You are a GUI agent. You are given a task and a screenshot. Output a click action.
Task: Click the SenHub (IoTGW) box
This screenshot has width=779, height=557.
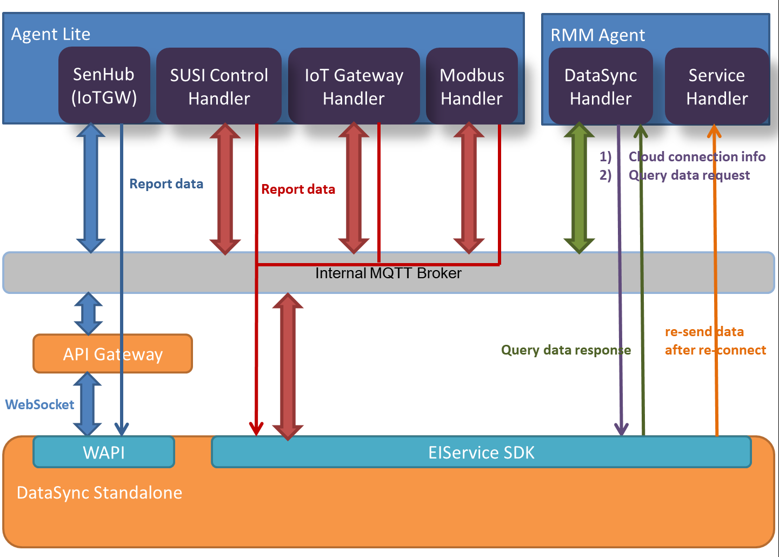click(x=104, y=86)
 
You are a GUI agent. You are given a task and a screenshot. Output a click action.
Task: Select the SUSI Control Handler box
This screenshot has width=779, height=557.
click(x=219, y=87)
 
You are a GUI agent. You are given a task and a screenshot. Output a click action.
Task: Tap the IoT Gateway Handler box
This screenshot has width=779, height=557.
click(x=354, y=87)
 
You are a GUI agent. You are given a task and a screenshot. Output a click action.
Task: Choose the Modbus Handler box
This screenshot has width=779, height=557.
click(x=471, y=87)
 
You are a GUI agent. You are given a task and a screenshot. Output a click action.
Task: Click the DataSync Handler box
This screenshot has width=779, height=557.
click(x=600, y=87)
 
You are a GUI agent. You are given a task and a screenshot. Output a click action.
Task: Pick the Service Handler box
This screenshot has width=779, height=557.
click(x=716, y=87)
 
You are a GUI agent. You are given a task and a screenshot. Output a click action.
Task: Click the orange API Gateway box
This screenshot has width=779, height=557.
click(x=112, y=354)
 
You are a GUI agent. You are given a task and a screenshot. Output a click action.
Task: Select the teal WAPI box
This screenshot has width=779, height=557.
click(x=104, y=452)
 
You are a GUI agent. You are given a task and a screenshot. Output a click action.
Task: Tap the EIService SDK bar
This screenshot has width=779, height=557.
click(x=481, y=452)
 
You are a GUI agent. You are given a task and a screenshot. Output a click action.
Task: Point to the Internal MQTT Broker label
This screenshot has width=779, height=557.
click(x=388, y=273)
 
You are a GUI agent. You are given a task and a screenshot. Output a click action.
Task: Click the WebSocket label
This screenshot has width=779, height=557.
click(x=39, y=404)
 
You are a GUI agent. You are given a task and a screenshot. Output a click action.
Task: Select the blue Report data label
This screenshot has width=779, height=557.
click(x=166, y=184)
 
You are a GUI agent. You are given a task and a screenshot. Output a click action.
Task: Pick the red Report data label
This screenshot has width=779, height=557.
click(x=298, y=189)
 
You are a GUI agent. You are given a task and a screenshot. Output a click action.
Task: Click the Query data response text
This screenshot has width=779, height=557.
click(x=565, y=350)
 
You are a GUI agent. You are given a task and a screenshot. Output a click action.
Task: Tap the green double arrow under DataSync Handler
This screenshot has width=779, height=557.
click(x=579, y=188)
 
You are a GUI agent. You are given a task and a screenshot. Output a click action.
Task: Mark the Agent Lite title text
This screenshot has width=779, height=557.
click(x=51, y=34)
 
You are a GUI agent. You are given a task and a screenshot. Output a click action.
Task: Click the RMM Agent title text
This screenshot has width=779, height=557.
click(x=597, y=35)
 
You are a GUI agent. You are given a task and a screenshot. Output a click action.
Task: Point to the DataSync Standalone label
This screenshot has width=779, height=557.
click(x=99, y=493)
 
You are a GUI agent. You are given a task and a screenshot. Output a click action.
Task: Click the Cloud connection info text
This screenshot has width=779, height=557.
click(x=697, y=157)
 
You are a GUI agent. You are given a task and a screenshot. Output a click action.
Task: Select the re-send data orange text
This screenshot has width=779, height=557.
click(x=704, y=332)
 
